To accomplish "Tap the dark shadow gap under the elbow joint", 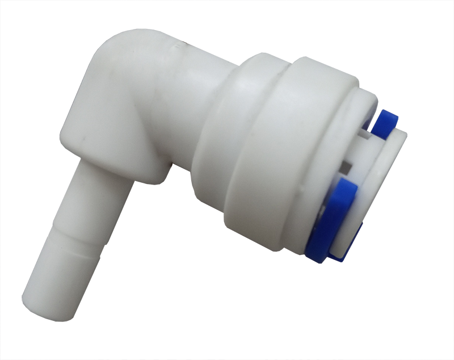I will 170,170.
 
